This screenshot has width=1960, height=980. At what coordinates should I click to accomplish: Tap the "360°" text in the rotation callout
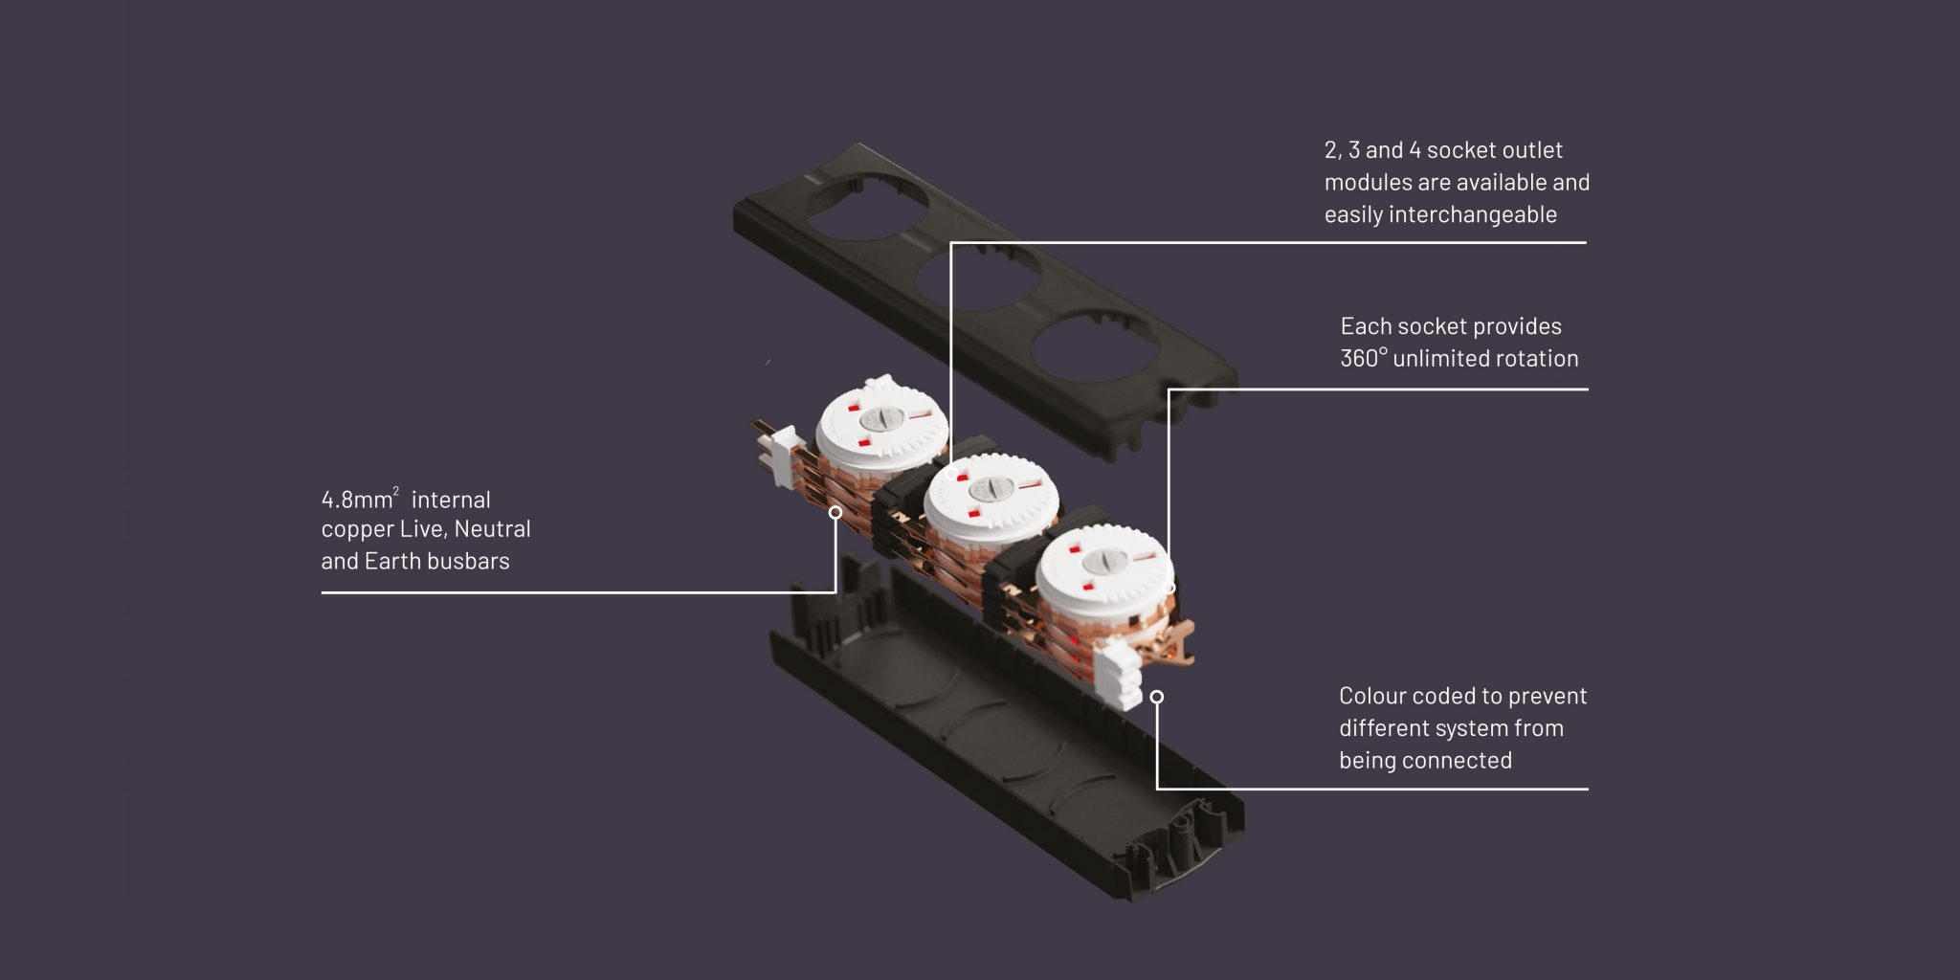pos(1364,358)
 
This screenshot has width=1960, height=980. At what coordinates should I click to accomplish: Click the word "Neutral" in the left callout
pos(492,528)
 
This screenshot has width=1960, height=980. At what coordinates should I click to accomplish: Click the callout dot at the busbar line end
pos(835,513)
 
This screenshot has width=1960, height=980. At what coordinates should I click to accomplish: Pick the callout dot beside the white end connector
pos(1157,697)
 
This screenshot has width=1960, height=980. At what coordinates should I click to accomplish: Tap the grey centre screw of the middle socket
pos(988,490)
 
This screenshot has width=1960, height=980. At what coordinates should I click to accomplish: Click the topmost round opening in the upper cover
pos(866,203)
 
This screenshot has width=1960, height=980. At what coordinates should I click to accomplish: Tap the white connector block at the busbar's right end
pos(1122,674)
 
